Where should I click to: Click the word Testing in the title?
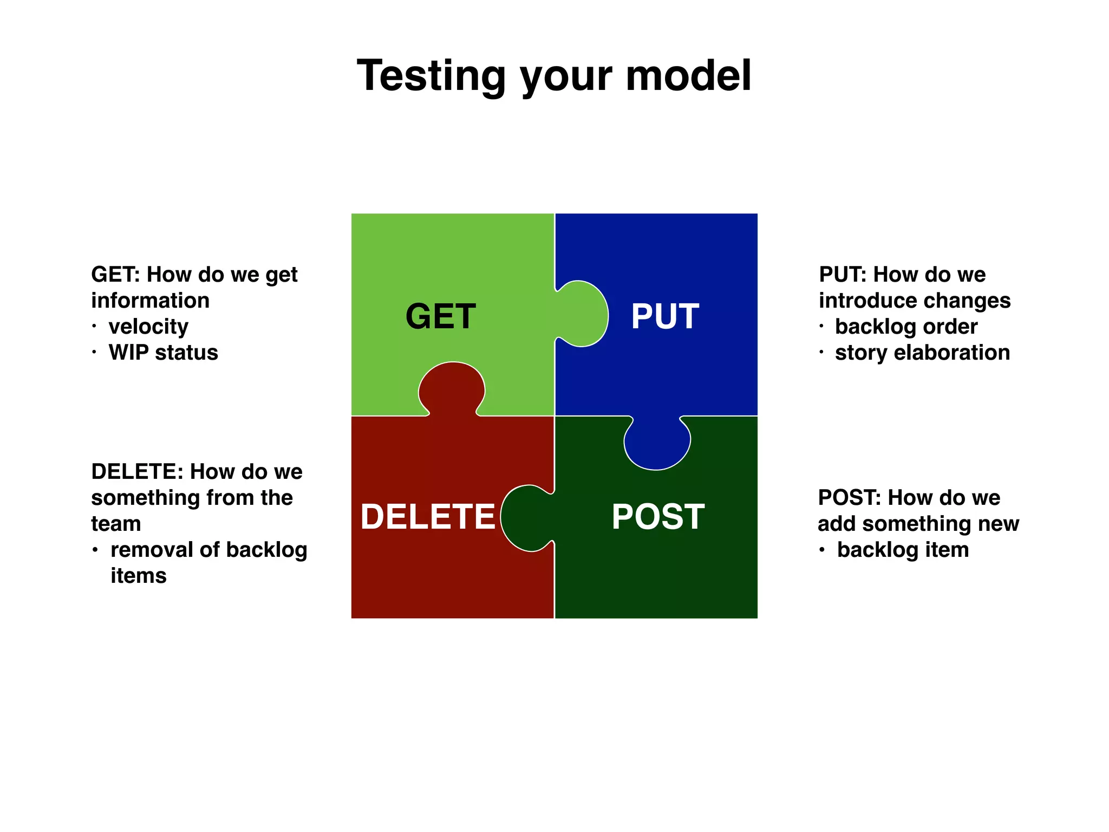(431, 76)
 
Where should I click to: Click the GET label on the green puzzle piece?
(440, 316)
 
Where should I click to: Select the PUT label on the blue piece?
(665, 316)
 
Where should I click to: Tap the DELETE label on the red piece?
(428, 516)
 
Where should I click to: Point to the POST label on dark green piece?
(658, 517)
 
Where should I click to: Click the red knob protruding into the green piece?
(452, 387)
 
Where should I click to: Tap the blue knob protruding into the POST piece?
(657, 444)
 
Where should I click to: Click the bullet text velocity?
(148, 327)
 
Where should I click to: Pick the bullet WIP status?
(163, 353)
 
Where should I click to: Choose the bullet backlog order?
(906, 327)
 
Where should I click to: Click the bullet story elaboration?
(922, 353)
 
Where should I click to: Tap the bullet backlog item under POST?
(903, 550)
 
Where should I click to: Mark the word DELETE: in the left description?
(137, 472)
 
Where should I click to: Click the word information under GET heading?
(150, 301)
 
